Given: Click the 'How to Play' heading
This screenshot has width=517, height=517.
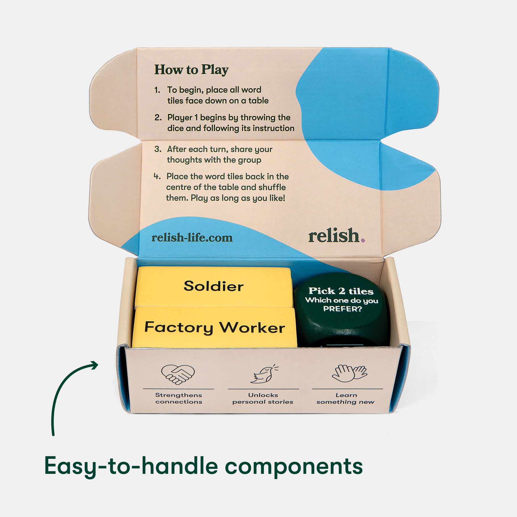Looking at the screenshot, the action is [191, 70].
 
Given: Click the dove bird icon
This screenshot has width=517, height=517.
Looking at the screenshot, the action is [264, 374].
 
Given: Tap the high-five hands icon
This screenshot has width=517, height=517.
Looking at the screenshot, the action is [349, 373].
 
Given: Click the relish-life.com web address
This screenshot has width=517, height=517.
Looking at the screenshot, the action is [192, 237].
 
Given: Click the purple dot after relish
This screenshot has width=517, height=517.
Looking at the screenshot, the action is [363, 240].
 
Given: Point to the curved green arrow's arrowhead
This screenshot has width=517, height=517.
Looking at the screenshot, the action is [93, 365].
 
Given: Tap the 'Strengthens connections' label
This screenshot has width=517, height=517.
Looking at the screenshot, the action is [179, 398].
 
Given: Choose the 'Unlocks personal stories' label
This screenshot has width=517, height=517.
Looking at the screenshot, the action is [263, 398].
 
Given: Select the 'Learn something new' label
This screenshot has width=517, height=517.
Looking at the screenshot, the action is [346, 398].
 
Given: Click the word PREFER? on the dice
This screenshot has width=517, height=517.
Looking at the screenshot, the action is [343, 309].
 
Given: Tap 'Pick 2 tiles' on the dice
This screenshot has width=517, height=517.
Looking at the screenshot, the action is [341, 291].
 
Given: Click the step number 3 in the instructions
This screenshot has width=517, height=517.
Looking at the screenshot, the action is [158, 149].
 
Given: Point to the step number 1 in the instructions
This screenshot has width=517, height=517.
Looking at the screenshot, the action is [157, 90].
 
